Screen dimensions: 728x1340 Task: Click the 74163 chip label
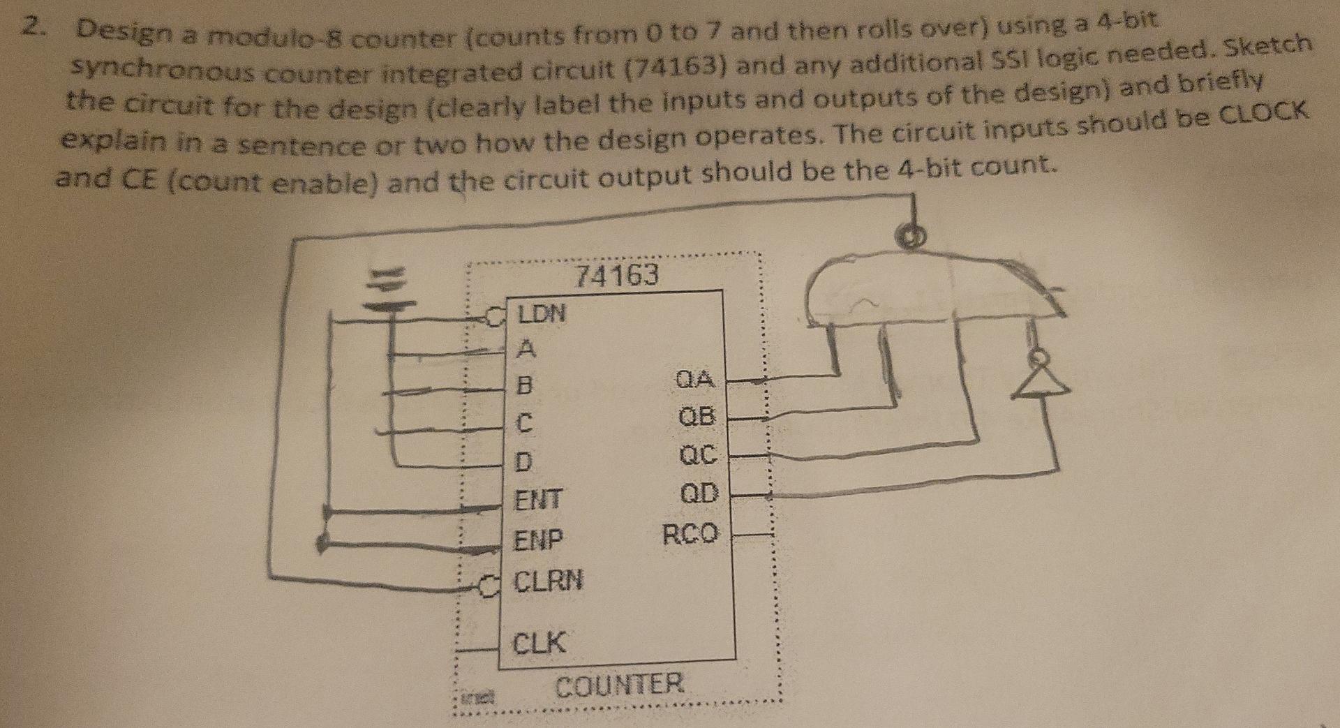pos(616,276)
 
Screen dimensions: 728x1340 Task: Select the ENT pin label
pos(538,500)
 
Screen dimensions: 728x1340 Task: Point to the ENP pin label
pos(538,540)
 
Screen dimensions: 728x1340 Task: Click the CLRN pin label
pos(548,580)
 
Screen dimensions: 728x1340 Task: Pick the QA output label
pos(695,380)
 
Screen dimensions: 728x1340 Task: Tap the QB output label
pos(697,417)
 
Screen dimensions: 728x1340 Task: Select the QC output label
pos(697,456)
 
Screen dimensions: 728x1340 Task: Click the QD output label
pos(699,493)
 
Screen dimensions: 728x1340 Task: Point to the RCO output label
pos(690,535)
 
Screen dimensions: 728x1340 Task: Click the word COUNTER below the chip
pos(619,684)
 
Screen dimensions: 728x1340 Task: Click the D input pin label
pos(523,461)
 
